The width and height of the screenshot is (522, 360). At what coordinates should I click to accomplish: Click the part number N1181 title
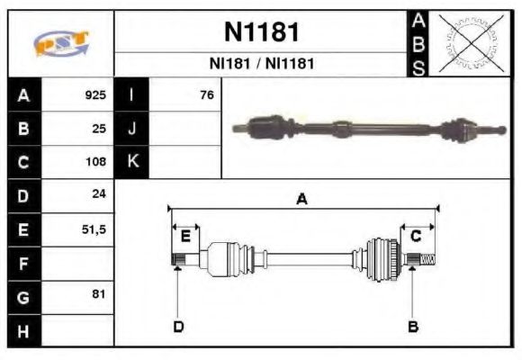click(261, 32)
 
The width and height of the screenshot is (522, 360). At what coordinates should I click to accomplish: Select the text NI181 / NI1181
click(261, 64)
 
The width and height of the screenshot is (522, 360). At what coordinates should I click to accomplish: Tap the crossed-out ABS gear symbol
click(470, 42)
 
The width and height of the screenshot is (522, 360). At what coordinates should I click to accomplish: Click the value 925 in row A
click(94, 94)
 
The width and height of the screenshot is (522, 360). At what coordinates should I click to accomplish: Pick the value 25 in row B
click(99, 128)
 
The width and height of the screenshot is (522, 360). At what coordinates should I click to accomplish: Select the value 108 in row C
click(94, 162)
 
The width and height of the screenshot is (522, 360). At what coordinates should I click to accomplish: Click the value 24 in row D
click(99, 195)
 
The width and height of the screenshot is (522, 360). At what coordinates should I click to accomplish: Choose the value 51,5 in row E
click(94, 229)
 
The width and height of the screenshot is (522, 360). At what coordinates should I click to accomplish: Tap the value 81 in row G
click(99, 294)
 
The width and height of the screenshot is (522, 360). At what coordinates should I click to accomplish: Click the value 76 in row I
click(206, 94)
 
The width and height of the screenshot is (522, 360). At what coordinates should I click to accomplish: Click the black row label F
click(22, 263)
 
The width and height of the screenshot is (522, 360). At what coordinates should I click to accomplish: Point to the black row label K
click(132, 162)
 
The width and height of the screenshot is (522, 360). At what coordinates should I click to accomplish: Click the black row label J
click(132, 128)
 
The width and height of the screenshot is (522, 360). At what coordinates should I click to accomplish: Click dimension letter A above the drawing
click(301, 200)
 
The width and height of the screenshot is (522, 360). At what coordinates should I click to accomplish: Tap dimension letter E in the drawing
click(185, 237)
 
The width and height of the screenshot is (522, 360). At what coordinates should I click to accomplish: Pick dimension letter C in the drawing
click(416, 237)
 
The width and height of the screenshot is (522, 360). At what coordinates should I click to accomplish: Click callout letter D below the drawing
click(178, 326)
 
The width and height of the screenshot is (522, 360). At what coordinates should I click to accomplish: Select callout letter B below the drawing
click(413, 326)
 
